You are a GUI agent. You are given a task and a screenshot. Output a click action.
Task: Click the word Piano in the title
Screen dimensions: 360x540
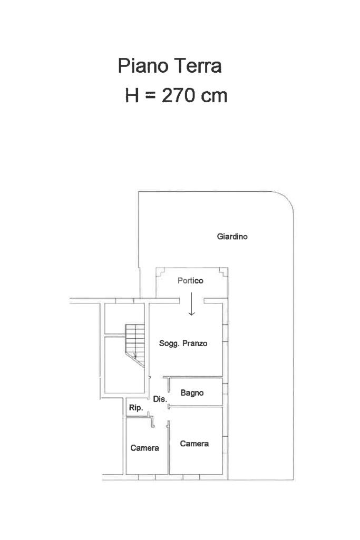[143, 65]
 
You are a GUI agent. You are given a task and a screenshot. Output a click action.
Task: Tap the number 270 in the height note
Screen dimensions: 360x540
[179, 95]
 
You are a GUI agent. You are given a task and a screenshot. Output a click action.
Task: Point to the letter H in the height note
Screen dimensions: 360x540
[132, 95]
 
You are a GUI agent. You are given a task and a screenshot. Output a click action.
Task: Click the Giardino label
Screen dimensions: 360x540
[232, 237]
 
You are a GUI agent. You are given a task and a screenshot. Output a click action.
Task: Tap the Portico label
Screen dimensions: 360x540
[190, 281]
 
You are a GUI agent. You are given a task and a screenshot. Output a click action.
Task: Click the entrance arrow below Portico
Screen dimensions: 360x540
[191, 304]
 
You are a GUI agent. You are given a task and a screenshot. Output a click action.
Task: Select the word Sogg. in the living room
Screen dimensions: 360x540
[169, 343]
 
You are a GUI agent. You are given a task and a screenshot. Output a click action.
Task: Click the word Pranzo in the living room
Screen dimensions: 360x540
[195, 343]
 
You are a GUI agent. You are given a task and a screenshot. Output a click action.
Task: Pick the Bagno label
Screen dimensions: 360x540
[192, 393]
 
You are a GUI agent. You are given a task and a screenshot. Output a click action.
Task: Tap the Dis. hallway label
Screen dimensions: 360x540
[160, 399]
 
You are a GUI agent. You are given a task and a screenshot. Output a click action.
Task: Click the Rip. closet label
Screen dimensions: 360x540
[136, 408]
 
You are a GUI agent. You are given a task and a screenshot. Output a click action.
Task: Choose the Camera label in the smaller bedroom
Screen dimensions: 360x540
[145, 448]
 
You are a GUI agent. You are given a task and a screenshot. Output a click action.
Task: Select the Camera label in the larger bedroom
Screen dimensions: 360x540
[194, 444]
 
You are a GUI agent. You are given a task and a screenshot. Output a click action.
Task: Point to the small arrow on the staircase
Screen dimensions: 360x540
[135, 355]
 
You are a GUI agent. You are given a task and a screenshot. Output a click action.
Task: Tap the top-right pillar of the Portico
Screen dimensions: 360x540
[223, 272]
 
